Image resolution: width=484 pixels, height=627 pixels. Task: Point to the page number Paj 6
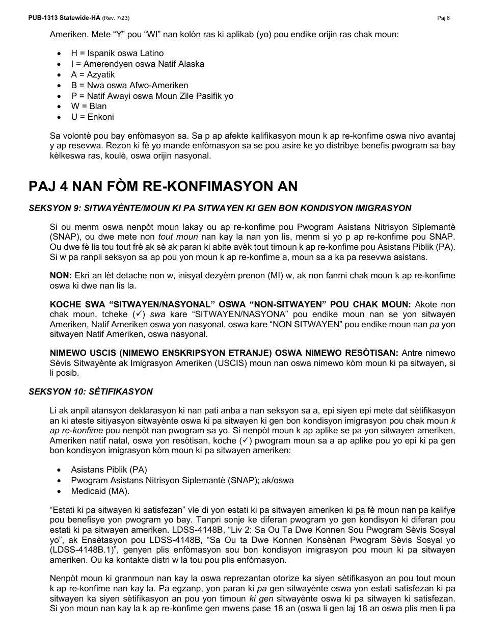443,18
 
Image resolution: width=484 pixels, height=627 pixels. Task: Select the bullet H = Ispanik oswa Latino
117,53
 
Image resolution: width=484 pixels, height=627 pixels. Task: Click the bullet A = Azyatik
93,74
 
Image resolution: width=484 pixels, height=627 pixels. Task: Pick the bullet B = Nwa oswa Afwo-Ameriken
129,85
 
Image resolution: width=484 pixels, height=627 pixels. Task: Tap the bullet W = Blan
89,106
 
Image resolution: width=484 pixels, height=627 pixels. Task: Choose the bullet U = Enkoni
92,117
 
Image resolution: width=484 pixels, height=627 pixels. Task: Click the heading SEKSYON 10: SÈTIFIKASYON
91,391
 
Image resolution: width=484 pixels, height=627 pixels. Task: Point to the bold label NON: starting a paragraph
61,275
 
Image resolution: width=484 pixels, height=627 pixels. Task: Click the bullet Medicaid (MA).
100,491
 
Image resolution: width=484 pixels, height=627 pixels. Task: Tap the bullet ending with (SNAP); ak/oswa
182,480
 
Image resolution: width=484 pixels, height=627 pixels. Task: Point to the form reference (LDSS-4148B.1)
77,550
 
